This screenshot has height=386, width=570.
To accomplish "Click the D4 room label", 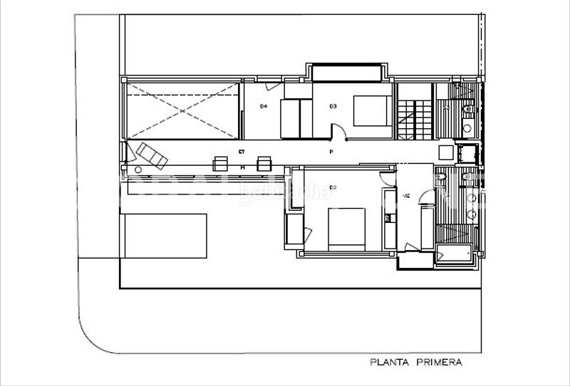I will (263, 107).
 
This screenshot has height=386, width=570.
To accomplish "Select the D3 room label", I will (332, 107).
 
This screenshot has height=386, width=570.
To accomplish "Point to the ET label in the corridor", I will (242, 152).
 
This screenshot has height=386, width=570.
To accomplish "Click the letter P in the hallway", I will (331, 152).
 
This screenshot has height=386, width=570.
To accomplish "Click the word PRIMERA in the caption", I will (436, 362).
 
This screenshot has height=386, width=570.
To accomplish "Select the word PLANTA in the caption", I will (389, 362).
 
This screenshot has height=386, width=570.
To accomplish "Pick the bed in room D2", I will (347, 228).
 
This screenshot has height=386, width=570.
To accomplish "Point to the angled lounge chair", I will (152, 155).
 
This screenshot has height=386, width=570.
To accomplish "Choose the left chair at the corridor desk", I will (220, 162).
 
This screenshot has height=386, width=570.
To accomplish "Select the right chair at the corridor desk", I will (264, 162).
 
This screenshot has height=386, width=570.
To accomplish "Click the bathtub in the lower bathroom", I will (454, 253).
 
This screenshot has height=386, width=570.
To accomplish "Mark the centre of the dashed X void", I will (182, 110).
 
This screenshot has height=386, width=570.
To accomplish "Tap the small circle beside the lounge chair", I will (138, 169).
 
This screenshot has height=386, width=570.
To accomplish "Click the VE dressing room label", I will (407, 196).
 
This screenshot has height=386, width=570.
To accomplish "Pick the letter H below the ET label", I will (242, 167).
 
